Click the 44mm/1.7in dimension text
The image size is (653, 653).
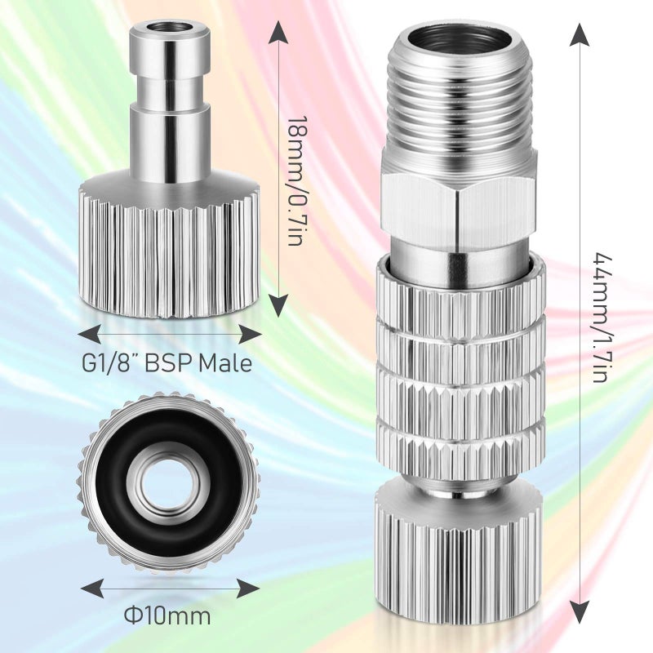(601, 318)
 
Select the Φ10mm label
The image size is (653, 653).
(168, 614)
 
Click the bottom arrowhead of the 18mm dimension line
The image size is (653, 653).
(278, 306)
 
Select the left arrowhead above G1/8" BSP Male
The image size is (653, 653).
(89, 334)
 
